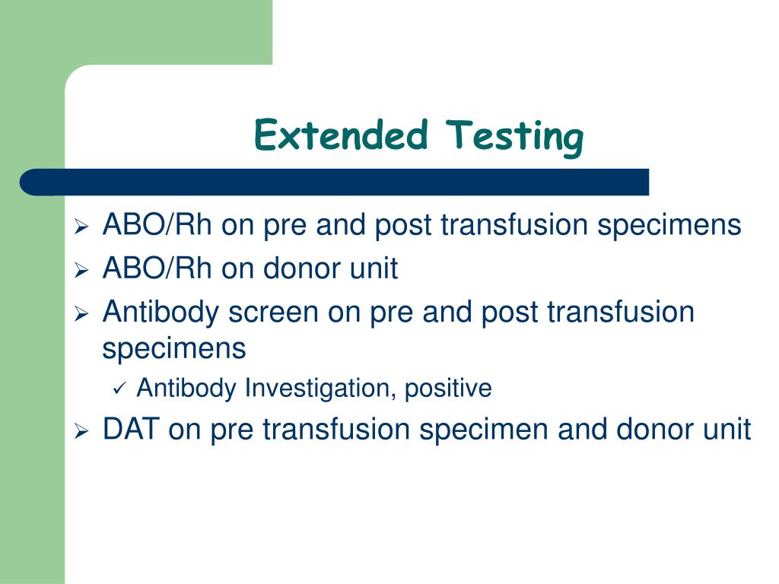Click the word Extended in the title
pos(341,136)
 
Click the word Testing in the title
pos(517,138)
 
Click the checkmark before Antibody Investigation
pos(120,389)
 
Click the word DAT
pos(130,430)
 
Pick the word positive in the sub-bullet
pos(448,389)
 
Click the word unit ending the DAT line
pos(726,430)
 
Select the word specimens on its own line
pos(174,350)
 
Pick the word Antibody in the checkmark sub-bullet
pos(186,389)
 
